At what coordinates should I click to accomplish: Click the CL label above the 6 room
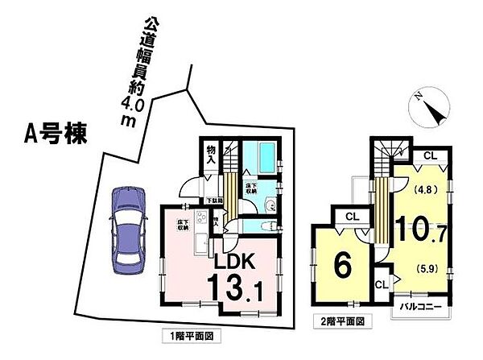coord(351,216)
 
